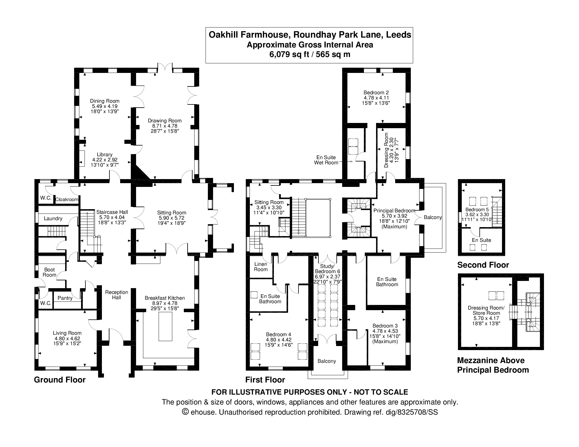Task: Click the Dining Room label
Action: point(105,101)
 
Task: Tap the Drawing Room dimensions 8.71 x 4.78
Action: point(165,126)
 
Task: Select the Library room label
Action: point(105,154)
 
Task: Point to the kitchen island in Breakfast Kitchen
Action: point(165,327)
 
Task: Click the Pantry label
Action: point(65,298)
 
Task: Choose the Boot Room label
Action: point(50,272)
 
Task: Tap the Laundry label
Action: point(53,218)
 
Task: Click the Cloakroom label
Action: point(67,199)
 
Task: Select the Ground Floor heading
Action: point(60,380)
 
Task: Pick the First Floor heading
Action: point(265,380)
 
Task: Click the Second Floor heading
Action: point(483,265)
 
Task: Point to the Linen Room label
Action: point(261,267)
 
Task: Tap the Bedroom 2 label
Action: point(376,93)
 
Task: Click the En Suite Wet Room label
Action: point(326,160)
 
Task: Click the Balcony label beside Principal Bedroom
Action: point(433,217)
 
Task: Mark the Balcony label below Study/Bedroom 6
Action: point(327,361)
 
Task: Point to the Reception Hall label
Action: point(117,295)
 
